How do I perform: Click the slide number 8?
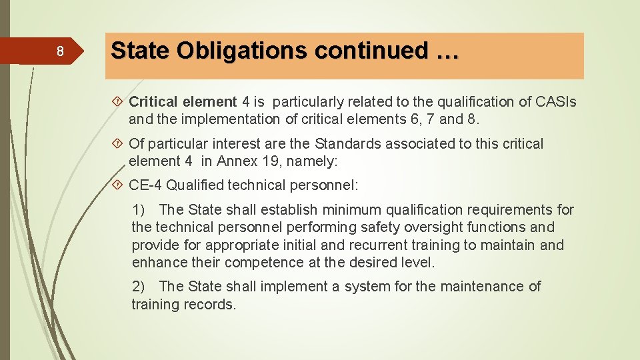tap(59, 52)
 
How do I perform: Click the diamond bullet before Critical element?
tap(119, 102)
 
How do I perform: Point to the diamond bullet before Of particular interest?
tap(119, 143)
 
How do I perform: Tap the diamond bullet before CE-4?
tap(119, 185)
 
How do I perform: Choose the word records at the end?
tap(213, 305)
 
